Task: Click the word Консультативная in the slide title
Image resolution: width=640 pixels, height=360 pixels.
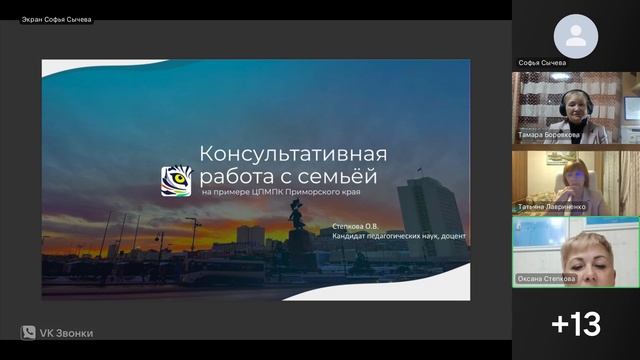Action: click(293, 154)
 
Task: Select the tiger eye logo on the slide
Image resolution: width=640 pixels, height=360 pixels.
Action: click(176, 181)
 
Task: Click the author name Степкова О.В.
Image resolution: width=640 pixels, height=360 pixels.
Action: click(355, 227)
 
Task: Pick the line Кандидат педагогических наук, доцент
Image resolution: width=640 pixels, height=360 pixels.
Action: click(399, 237)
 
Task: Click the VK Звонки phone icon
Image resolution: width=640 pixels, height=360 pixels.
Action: click(28, 333)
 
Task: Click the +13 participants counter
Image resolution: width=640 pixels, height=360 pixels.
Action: click(576, 323)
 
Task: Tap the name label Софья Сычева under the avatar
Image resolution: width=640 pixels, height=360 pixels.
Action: click(542, 62)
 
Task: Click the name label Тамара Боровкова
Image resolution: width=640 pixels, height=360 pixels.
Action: click(548, 134)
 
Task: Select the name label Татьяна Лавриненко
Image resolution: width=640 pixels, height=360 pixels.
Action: click(552, 207)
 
